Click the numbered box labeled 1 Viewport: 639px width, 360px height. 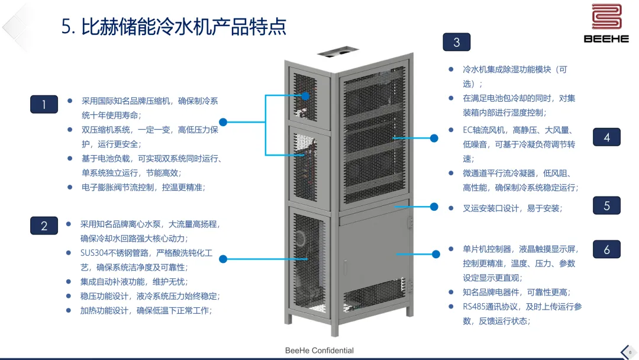tap(44, 104)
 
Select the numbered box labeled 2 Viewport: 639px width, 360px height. tap(44, 226)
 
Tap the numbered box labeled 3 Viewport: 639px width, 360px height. tap(456, 42)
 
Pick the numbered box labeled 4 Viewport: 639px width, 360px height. tap(606, 137)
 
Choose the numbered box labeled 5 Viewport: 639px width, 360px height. tap(606, 206)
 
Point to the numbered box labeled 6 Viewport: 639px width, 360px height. tap(606, 250)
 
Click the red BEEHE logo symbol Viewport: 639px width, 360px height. tap(606, 18)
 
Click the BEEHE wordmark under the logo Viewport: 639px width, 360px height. tap(606, 39)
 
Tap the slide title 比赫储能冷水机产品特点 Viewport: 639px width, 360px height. tap(174, 27)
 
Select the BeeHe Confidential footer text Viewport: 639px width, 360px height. tap(319, 351)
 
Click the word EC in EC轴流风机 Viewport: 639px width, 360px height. tap(468, 130)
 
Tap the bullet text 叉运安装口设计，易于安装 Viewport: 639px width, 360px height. tap(512, 208)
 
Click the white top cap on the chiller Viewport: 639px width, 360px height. tap(338, 52)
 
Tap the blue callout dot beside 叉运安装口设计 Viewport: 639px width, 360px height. tap(434, 207)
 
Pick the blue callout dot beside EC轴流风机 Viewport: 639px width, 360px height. tap(434, 138)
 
